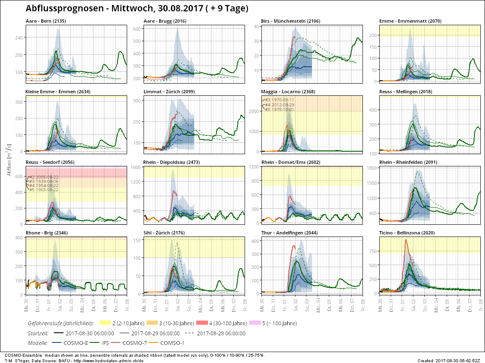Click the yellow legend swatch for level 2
[x=104, y=324]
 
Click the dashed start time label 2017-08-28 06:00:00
[x=221, y=333]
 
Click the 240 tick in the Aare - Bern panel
[x=20, y=37]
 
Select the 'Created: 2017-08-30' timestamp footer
[x=450, y=360]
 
